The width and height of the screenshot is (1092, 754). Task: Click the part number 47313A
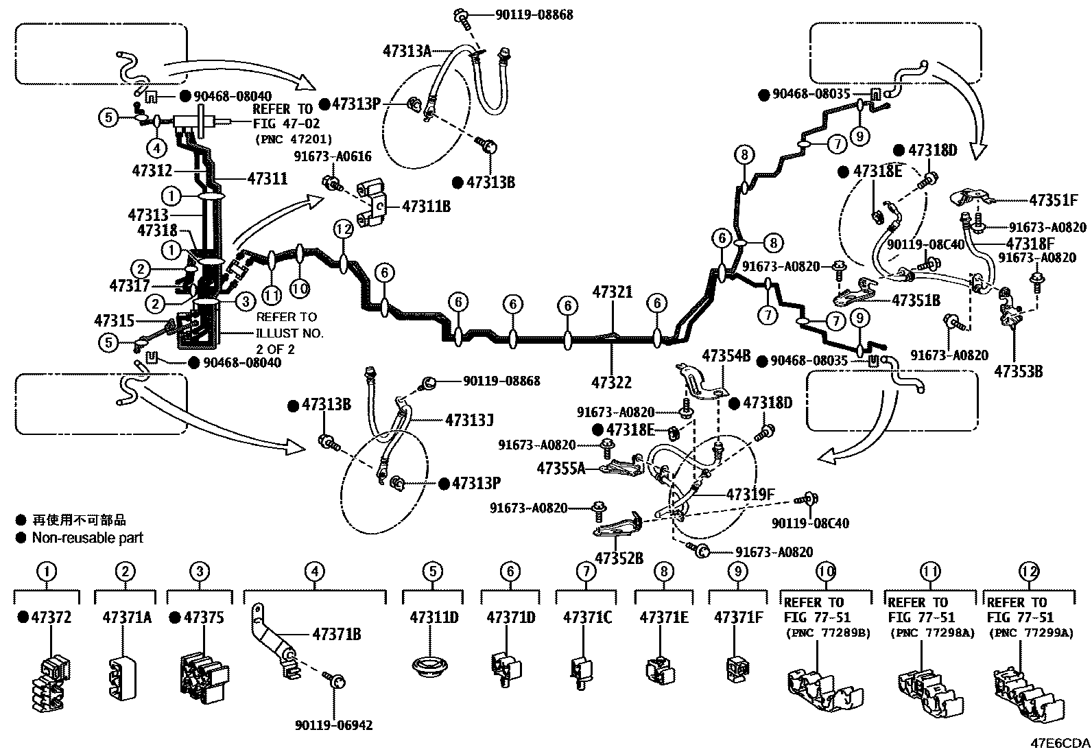(x=407, y=49)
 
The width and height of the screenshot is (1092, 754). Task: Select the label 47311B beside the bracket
(x=426, y=205)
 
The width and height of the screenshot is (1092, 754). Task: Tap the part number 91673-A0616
(x=333, y=157)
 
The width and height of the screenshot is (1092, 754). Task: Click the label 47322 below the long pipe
(x=612, y=383)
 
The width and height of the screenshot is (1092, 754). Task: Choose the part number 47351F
(x=1054, y=200)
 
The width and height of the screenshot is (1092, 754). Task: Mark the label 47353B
(x=1019, y=371)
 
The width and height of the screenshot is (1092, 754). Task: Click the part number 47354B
(x=726, y=355)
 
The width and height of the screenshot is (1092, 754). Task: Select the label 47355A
(x=561, y=469)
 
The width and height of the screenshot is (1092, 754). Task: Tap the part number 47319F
(x=750, y=494)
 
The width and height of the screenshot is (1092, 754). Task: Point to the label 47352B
(x=619, y=558)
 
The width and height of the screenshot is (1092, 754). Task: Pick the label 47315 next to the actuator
(x=115, y=320)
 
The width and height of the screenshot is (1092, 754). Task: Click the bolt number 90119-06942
(x=335, y=724)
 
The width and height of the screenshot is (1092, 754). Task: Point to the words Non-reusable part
(x=87, y=538)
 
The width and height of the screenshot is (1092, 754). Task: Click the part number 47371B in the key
(x=336, y=634)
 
